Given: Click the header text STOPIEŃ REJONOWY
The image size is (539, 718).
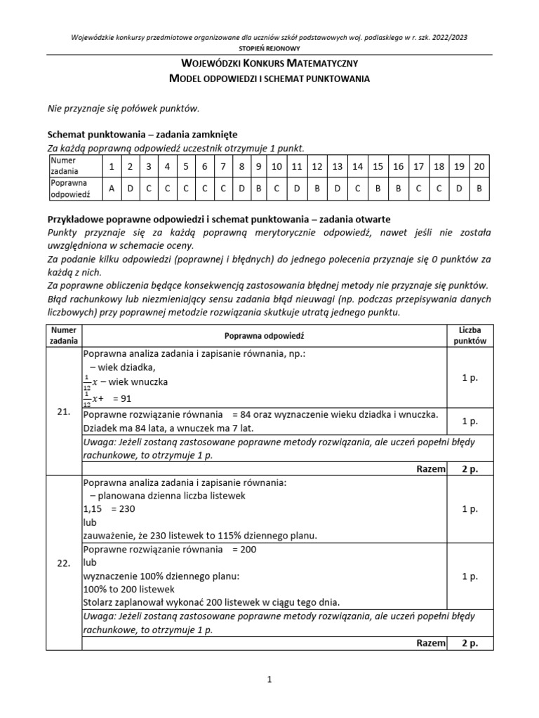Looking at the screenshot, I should pyautogui.click(x=269, y=48).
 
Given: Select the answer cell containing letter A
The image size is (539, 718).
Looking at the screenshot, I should pyautogui.click(x=112, y=188).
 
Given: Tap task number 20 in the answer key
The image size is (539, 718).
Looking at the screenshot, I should pyautogui.click(x=479, y=166).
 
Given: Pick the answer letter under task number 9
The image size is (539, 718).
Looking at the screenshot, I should pyautogui.click(x=258, y=188).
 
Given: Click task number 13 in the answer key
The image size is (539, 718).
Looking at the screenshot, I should pyautogui.click(x=337, y=166).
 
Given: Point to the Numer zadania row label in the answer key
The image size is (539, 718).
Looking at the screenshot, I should pyautogui.click(x=65, y=165).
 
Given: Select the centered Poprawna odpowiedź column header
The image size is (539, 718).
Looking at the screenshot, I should pyautogui.click(x=264, y=336).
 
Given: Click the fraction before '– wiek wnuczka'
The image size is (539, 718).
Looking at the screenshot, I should pyautogui.click(x=87, y=382).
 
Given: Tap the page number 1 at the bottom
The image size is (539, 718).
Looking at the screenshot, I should pyautogui.click(x=269, y=679).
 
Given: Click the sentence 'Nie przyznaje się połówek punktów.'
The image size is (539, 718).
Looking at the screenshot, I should pyautogui.click(x=123, y=108).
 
